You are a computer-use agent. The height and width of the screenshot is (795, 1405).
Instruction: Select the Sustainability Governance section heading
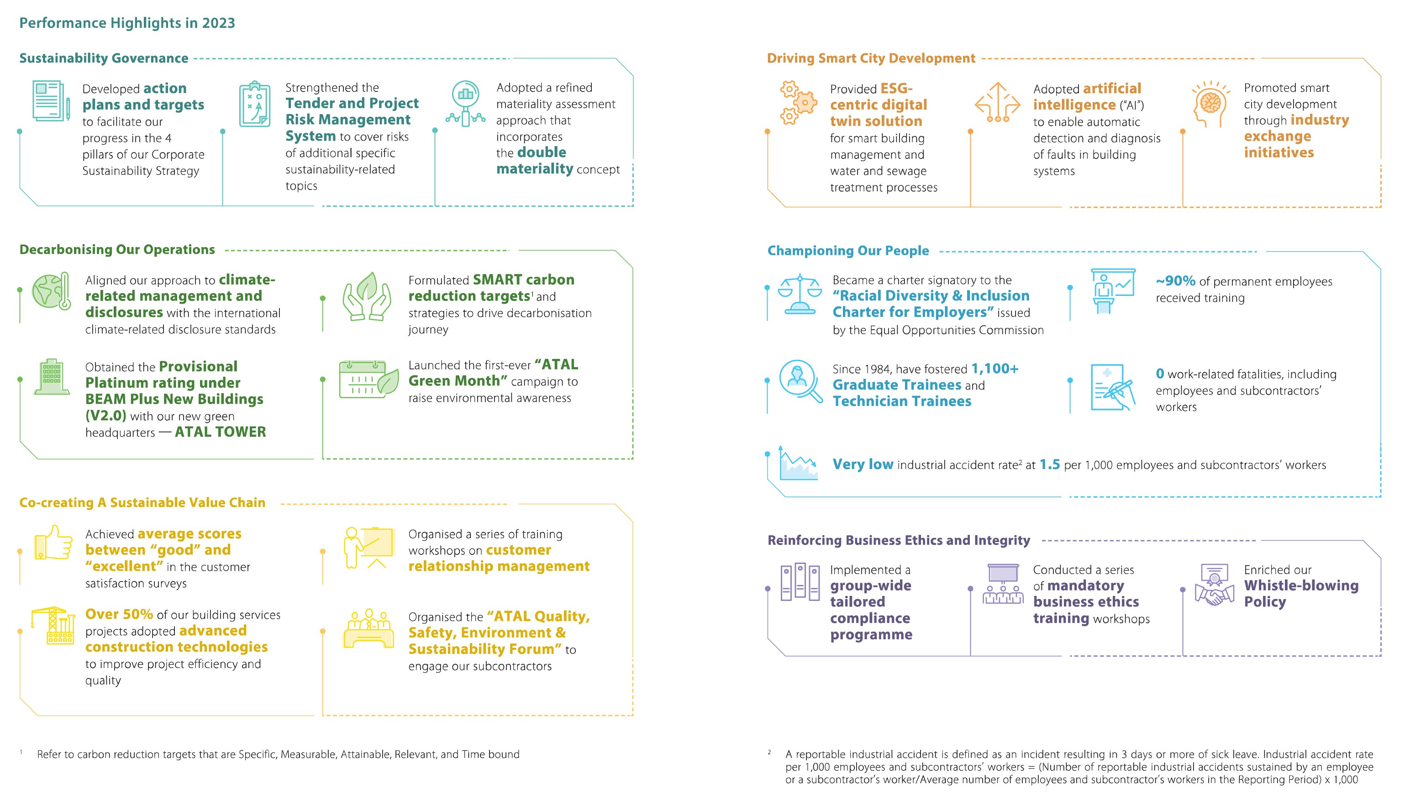[104, 58]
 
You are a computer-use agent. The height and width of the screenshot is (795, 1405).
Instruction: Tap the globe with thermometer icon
[51, 291]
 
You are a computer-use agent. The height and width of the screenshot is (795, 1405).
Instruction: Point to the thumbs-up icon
[53, 543]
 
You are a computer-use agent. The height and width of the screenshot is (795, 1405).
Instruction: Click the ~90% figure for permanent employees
[1175, 281]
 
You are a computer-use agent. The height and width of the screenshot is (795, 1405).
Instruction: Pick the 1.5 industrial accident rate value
[1049, 465]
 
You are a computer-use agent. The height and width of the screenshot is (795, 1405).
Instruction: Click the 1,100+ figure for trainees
[995, 369]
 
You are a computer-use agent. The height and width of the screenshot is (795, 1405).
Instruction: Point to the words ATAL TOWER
[220, 432]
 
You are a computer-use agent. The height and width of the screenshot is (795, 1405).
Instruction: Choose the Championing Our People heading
[847, 251]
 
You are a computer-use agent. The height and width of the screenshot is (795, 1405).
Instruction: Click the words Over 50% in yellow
[119, 614]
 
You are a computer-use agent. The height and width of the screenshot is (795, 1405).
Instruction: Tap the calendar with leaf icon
[368, 379]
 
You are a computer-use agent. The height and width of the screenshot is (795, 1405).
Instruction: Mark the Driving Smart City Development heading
[871, 58]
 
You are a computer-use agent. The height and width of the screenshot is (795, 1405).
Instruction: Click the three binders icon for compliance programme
[800, 583]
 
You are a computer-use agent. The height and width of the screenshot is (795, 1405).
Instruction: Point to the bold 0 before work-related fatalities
[1159, 374]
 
